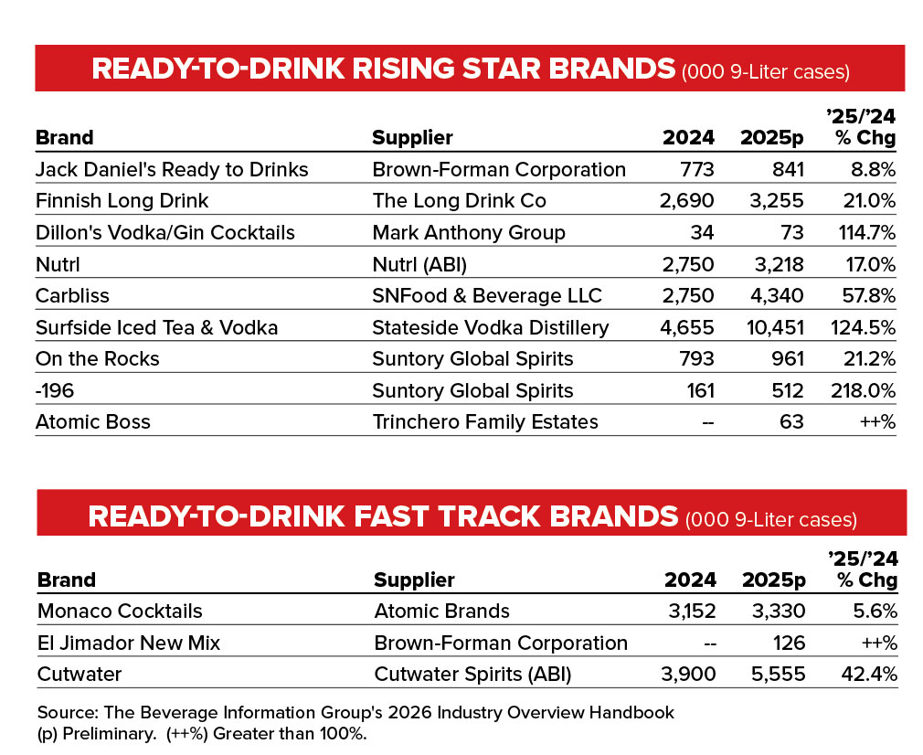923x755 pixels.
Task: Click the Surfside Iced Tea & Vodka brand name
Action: tap(156, 327)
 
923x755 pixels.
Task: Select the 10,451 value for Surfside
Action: tap(775, 327)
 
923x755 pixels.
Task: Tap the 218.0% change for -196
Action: tap(863, 390)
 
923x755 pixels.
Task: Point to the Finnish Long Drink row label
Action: tap(122, 201)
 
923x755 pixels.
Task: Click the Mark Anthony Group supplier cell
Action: tap(469, 233)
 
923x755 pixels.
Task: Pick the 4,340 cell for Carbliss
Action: tap(777, 295)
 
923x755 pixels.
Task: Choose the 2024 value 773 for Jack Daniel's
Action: tap(697, 170)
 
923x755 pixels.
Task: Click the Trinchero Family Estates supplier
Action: tap(485, 421)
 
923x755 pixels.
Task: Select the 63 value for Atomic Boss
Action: tap(791, 421)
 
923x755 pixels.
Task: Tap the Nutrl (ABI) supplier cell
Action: tap(419, 264)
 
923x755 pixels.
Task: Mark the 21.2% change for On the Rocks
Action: tap(869, 358)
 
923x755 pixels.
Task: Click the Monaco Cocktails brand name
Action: tap(120, 611)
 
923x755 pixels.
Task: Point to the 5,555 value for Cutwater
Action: tap(779, 674)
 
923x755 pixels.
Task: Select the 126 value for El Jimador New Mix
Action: tap(789, 643)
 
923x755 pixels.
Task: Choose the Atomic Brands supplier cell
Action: tap(442, 611)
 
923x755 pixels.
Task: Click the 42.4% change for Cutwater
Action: tap(869, 674)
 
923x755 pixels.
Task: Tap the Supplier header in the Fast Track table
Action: tap(414, 580)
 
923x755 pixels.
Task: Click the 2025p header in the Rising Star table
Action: tap(771, 138)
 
